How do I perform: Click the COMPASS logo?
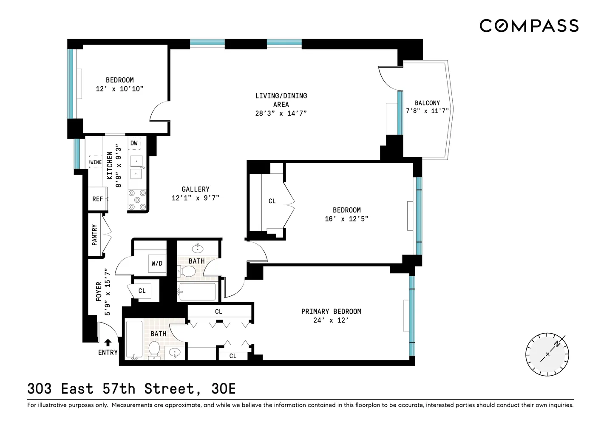[529, 25]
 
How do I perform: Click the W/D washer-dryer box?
[157, 263]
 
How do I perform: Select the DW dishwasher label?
[134, 143]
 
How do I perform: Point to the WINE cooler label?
[96, 162]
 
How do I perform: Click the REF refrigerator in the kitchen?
[97, 199]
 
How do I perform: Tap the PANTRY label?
[94, 235]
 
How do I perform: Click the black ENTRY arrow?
[108, 342]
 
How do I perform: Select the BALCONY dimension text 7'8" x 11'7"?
[427, 111]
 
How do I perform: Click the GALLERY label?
[195, 189]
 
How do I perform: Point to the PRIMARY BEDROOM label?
[331, 312]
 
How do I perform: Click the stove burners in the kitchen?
[137, 200]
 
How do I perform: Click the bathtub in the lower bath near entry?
[135, 340]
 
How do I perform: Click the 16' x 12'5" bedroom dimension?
[346, 219]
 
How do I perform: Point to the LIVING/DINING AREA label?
[281, 100]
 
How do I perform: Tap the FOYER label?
[99, 292]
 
